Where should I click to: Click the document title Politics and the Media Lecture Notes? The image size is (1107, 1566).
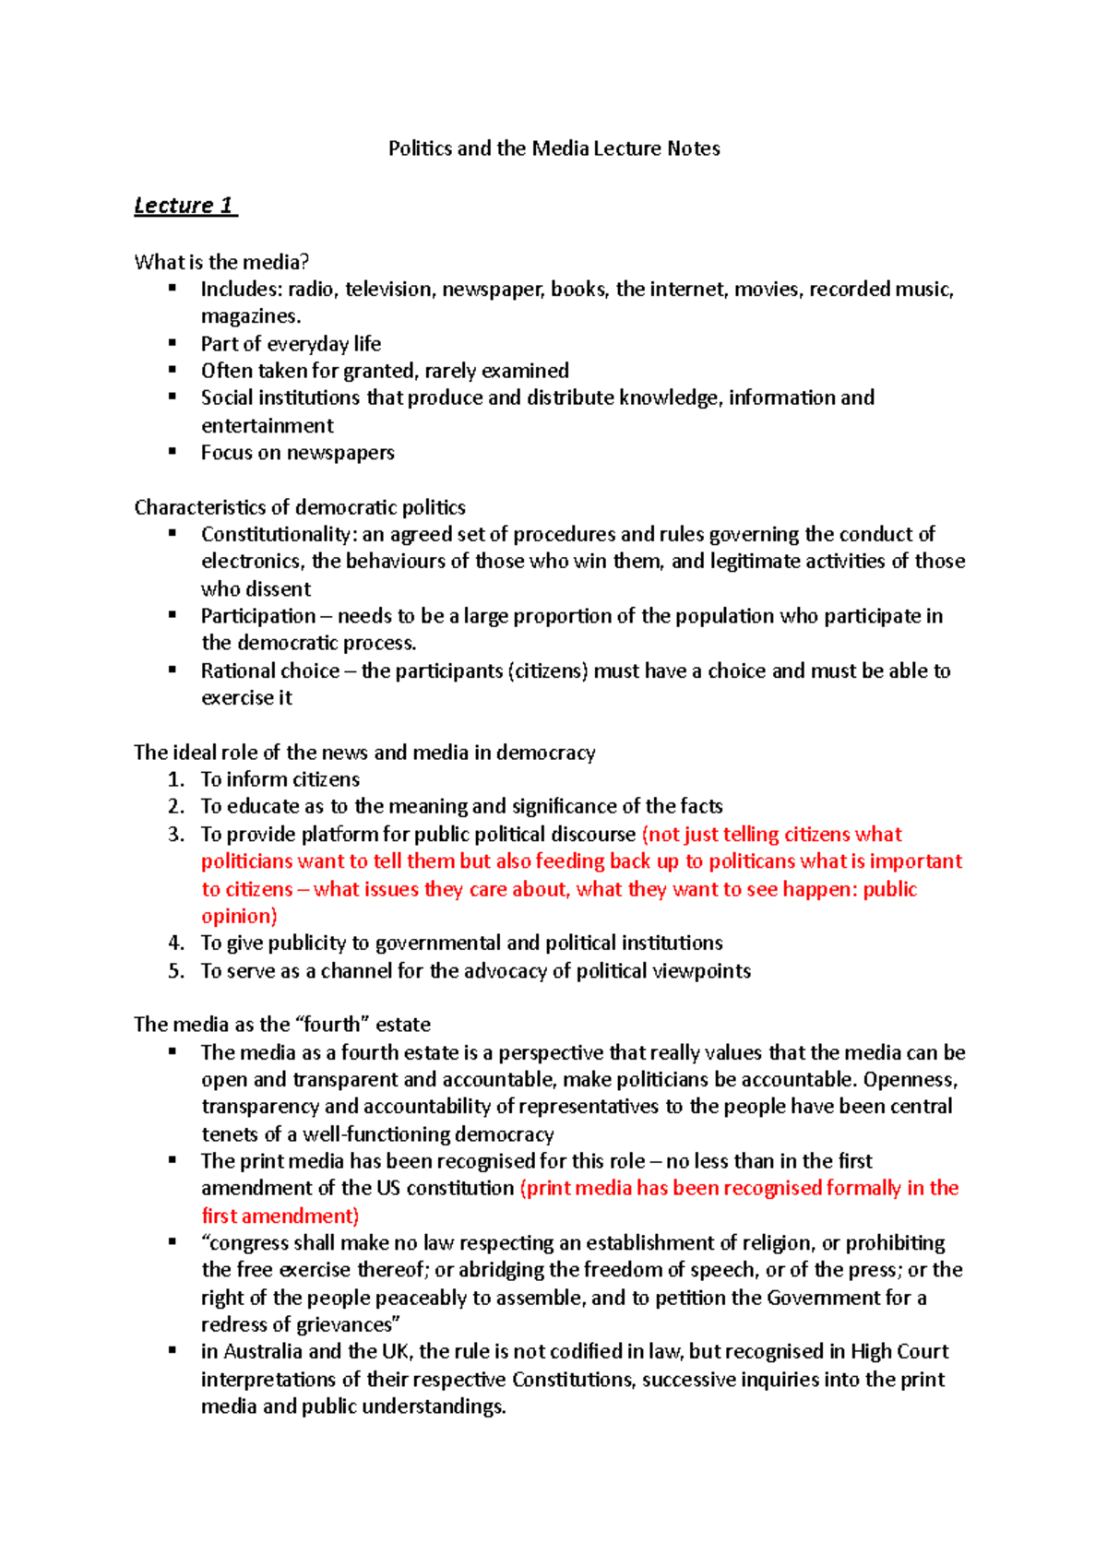tap(553, 148)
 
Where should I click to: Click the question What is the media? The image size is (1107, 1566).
tap(221, 262)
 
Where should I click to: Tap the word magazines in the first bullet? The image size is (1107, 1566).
tap(250, 316)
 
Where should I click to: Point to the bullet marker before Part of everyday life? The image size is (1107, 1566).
tap(172, 342)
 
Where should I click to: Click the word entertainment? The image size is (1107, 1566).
tap(268, 425)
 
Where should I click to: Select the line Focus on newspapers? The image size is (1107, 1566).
tap(297, 453)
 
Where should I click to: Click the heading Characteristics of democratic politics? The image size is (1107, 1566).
tap(300, 507)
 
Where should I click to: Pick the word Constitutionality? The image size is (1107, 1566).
tap(276, 534)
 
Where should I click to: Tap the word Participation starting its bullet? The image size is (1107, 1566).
tap(258, 616)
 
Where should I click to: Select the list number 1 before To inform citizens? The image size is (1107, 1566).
tap(175, 779)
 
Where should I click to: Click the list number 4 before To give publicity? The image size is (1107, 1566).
tap(175, 943)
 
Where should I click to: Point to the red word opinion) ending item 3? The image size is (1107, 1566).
tap(239, 916)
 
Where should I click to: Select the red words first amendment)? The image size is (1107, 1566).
tap(280, 1216)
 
